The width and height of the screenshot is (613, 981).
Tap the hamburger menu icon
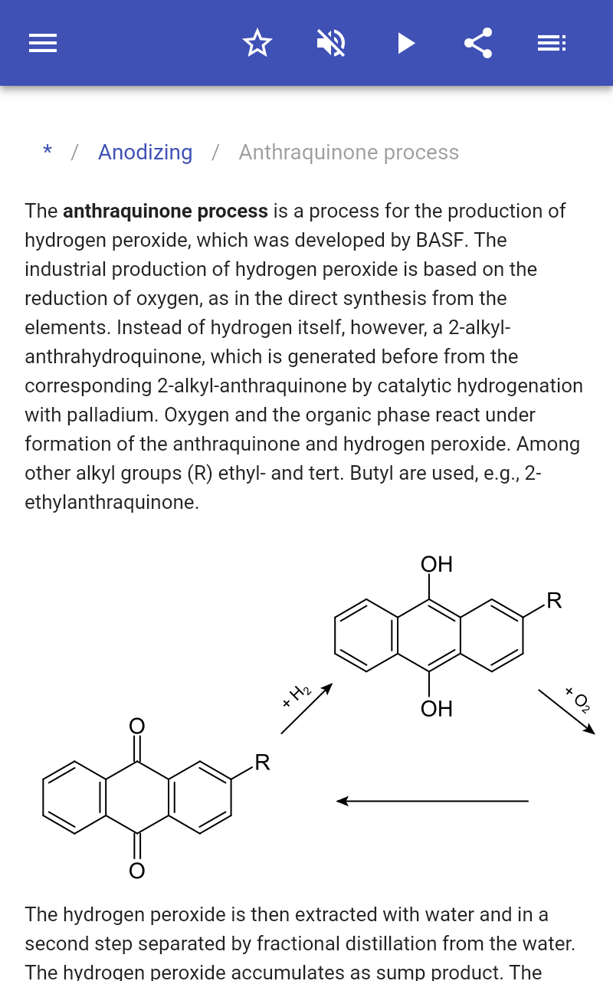coord(43,43)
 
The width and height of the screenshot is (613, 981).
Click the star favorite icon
coord(257,43)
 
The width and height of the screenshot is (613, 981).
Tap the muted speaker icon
coord(331,43)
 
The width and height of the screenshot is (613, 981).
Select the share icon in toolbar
coord(478,43)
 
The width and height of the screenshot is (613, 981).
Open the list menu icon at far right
coord(552,43)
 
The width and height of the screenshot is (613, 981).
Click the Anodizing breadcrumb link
coord(146,153)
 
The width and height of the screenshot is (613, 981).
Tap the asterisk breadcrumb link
coord(48,151)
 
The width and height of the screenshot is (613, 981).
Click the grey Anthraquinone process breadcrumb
coord(349,153)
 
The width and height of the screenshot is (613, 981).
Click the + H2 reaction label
coord(297,695)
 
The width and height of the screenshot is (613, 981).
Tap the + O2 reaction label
coord(578,700)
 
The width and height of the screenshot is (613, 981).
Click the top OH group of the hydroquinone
coord(437,564)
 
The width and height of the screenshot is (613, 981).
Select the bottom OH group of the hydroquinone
coord(437,709)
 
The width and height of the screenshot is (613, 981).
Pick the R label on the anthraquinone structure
coord(262,763)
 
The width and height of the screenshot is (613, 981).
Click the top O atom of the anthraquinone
coord(137,726)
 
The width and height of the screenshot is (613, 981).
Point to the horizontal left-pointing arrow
coord(433,801)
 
